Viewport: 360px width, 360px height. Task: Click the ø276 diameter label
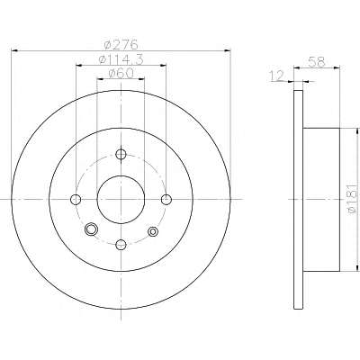point(121,45)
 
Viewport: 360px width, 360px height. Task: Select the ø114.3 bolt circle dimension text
point(121,59)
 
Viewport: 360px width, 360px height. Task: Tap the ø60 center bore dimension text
point(121,74)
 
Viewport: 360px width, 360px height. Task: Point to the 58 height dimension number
point(317,62)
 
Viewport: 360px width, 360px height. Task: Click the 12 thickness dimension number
point(276,76)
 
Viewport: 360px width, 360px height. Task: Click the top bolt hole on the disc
point(121,155)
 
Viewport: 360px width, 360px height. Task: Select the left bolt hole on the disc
point(76,199)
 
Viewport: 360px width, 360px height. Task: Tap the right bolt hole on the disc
point(166,199)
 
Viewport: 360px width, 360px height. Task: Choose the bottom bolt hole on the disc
point(121,244)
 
